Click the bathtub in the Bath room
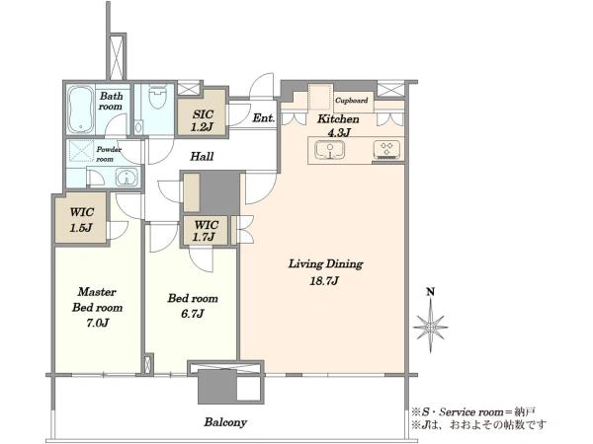[80, 110]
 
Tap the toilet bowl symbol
[157, 98]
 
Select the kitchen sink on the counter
[330, 150]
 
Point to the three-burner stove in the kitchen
[386, 150]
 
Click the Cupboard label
[351, 101]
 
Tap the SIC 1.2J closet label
[203, 120]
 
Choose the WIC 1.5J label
[81, 220]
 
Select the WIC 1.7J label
[206, 231]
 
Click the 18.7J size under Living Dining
[324, 281]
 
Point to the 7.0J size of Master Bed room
[98, 323]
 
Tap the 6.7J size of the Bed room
[193, 314]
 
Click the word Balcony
[225, 422]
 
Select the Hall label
[202, 156]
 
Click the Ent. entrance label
[263, 118]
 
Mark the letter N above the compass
[430, 292]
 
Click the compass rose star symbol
[430, 326]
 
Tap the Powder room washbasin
[127, 177]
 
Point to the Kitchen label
[338, 119]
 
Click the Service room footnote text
[473, 411]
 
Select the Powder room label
[108, 154]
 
